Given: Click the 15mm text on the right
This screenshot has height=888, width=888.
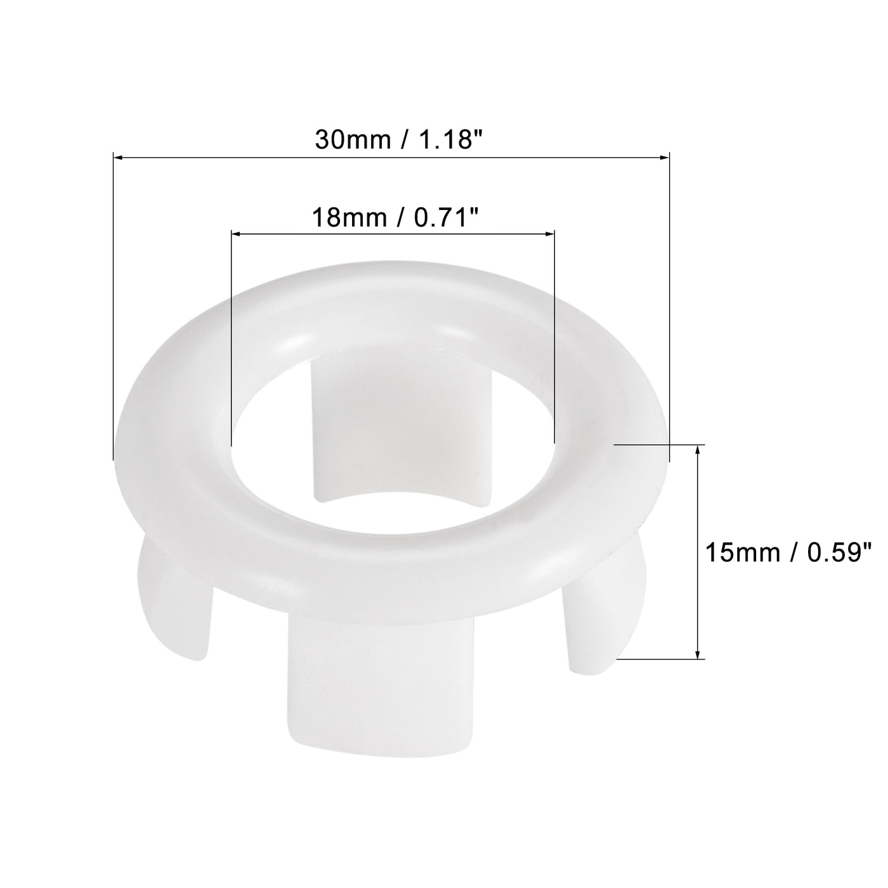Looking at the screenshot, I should click(740, 552).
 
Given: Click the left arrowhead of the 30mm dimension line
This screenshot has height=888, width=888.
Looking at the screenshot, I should click(117, 155).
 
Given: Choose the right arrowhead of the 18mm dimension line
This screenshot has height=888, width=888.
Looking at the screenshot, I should click(550, 235).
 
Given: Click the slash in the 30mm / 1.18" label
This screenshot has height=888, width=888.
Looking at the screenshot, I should click(402, 140).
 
